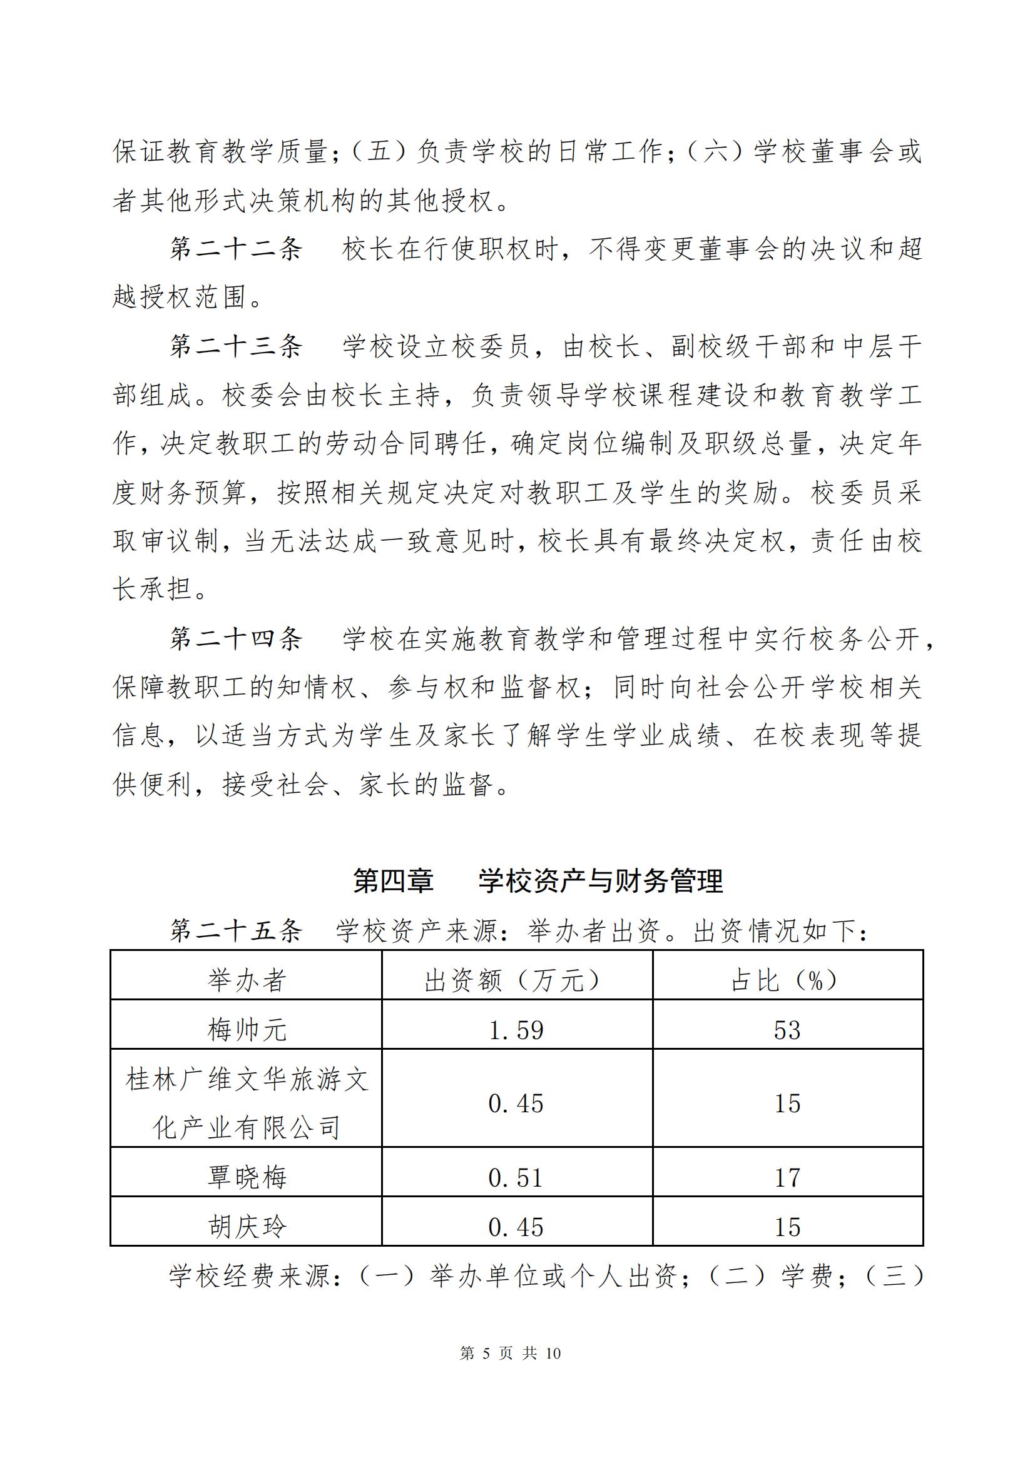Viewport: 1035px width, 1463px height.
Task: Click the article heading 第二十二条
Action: (x=236, y=248)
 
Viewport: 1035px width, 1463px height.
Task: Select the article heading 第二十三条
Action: (x=236, y=346)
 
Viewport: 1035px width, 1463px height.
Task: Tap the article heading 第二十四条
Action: (x=236, y=638)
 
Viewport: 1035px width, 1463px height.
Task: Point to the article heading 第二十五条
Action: (x=236, y=932)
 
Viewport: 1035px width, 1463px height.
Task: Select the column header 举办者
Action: (x=246, y=980)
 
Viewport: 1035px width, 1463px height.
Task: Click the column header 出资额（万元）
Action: (x=516, y=980)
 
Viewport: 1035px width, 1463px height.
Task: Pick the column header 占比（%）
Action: (x=788, y=980)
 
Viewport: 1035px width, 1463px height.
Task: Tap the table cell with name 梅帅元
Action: (x=246, y=1030)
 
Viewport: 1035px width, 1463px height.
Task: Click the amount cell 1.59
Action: (x=516, y=1030)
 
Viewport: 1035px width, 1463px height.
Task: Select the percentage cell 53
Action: (x=788, y=1030)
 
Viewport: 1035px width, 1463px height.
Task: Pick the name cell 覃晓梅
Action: (x=246, y=1177)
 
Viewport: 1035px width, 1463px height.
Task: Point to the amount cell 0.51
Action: (x=516, y=1177)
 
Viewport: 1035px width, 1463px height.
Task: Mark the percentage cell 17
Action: (x=788, y=1177)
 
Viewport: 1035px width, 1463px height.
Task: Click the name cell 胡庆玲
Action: (x=246, y=1227)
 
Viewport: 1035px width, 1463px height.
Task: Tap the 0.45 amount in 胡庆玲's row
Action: (x=516, y=1227)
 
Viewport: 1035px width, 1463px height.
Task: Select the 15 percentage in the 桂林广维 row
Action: (x=788, y=1104)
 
